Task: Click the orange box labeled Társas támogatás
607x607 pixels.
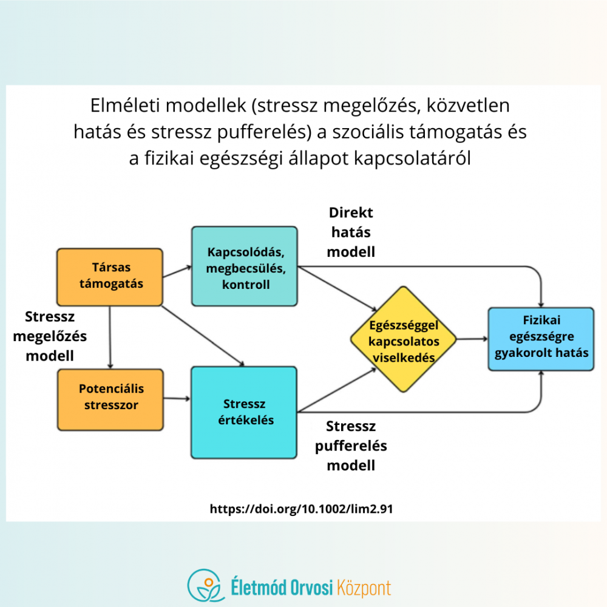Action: click(110, 277)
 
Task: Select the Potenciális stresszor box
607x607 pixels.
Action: click(110, 399)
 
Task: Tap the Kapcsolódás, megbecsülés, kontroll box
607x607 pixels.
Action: click(245, 266)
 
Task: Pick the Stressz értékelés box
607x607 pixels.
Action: click(244, 413)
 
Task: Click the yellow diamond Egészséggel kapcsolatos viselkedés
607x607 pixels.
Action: click(404, 339)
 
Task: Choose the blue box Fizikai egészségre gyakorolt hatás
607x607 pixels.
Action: click(541, 339)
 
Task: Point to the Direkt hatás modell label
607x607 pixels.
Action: click(351, 232)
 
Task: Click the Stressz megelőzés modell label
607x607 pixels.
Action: click(50, 336)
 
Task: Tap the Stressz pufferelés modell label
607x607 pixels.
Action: click(351, 446)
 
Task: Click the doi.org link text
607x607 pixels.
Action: click(301, 509)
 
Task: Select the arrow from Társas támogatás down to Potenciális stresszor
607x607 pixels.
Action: click(110, 337)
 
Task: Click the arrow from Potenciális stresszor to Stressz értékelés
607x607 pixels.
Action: click(177, 398)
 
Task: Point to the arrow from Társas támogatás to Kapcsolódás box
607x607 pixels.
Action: click(177, 271)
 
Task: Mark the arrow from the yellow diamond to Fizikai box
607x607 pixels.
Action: click(472, 339)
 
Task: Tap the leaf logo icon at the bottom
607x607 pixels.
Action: click(206, 585)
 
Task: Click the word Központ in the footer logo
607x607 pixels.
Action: click(364, 588)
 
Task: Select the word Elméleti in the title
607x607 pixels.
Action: click(124, 105)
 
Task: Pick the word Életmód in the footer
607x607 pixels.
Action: click(258, 587)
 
